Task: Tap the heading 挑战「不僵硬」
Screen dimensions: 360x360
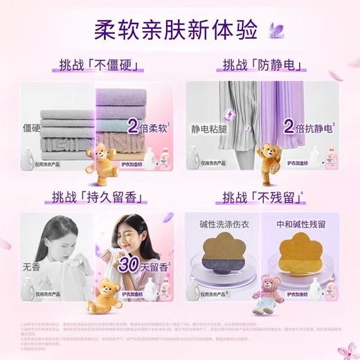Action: click(96, 66)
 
